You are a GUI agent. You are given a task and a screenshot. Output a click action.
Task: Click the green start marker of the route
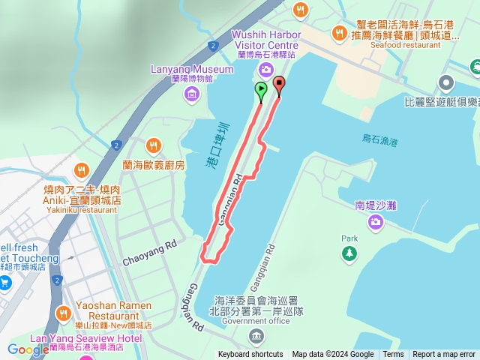(x=260, y=89)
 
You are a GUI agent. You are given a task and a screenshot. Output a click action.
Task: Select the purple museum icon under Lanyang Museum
(x=192, y=94)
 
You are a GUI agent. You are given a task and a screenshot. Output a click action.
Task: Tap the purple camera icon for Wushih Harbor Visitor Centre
(x=265, y=70)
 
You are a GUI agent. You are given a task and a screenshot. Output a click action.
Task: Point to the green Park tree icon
(x=349, y=254)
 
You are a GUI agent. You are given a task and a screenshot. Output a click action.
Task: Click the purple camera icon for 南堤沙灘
(x=375, y=220)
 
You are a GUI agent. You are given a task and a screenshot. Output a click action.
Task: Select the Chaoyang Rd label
(x=150, y=252)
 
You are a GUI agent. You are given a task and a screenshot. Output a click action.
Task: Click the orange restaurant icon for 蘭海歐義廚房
(x=154, y=145)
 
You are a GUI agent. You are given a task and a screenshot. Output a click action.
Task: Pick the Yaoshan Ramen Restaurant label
(x=114, y=310)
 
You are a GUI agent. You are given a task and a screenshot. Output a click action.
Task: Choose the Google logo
(x=28, y=349)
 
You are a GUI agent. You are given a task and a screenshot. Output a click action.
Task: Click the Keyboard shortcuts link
(x=250, y=355)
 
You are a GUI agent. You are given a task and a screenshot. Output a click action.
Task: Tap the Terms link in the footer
(x=393, y=355)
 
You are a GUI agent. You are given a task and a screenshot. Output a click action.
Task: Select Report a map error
(x=444, y=355)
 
